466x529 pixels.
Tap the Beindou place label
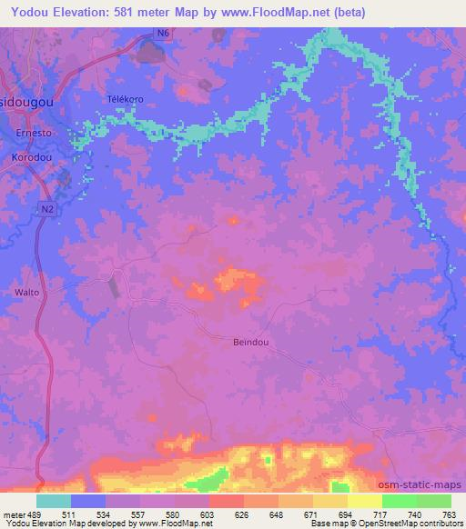click(240, 341)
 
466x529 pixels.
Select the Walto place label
click(26, 293)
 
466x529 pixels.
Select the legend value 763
click(450, 514)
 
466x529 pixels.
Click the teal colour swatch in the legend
click(54, 501)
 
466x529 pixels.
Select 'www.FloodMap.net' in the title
click(312, 12)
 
